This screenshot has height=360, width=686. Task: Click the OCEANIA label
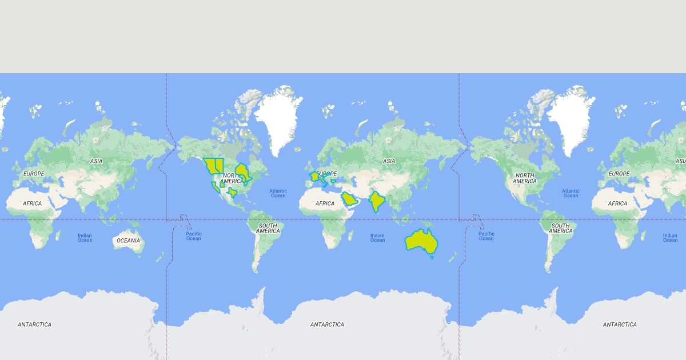point(128,241)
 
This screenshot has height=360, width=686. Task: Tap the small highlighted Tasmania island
point(432,257)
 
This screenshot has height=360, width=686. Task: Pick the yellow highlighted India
point(376,202)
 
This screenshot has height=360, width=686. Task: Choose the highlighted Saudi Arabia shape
point(349,199)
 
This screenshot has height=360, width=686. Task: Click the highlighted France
point(314,177)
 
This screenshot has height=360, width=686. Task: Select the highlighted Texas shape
point(232,193)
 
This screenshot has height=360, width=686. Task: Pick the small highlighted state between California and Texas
point(222,184)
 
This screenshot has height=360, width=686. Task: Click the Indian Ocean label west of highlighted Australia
point(377,238)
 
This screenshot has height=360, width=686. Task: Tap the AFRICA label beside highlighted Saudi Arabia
point(325,203)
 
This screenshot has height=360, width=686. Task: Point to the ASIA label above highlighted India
point(389,161)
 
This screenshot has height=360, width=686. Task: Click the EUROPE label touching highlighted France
point(327,174)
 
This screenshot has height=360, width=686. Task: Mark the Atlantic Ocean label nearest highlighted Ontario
point(278,193)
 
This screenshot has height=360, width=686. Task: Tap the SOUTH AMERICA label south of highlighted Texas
point(268,228)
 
